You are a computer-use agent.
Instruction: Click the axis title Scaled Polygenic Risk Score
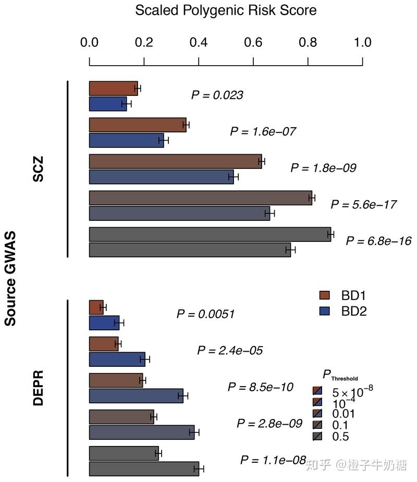tap(226, 10)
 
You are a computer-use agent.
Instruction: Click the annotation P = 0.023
tap(217, 95)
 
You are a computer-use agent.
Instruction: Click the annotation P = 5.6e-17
tap(363, 204)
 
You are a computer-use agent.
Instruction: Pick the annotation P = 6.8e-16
tap(378, 241)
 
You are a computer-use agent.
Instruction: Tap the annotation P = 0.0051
tap(205, 314)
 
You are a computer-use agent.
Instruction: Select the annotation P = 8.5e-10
tap(261, 387)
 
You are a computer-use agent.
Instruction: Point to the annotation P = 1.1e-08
tap(273, 460)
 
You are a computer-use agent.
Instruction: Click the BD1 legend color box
tap(325, 296)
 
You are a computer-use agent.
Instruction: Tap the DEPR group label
tap(38, 388)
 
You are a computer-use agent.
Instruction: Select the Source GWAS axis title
tap(10, 279)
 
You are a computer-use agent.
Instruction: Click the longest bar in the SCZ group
tap(210, 234)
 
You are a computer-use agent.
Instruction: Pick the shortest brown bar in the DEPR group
tap(96, 307)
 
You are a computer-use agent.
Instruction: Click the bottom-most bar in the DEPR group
tap(144, 469)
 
